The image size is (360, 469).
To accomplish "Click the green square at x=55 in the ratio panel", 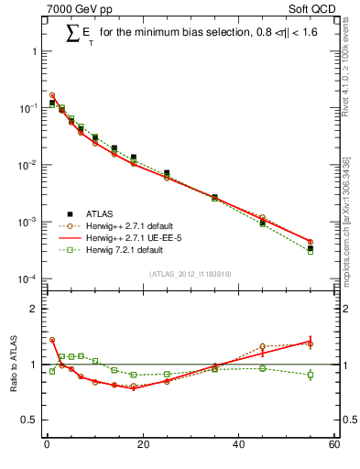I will (x=311, y=375).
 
